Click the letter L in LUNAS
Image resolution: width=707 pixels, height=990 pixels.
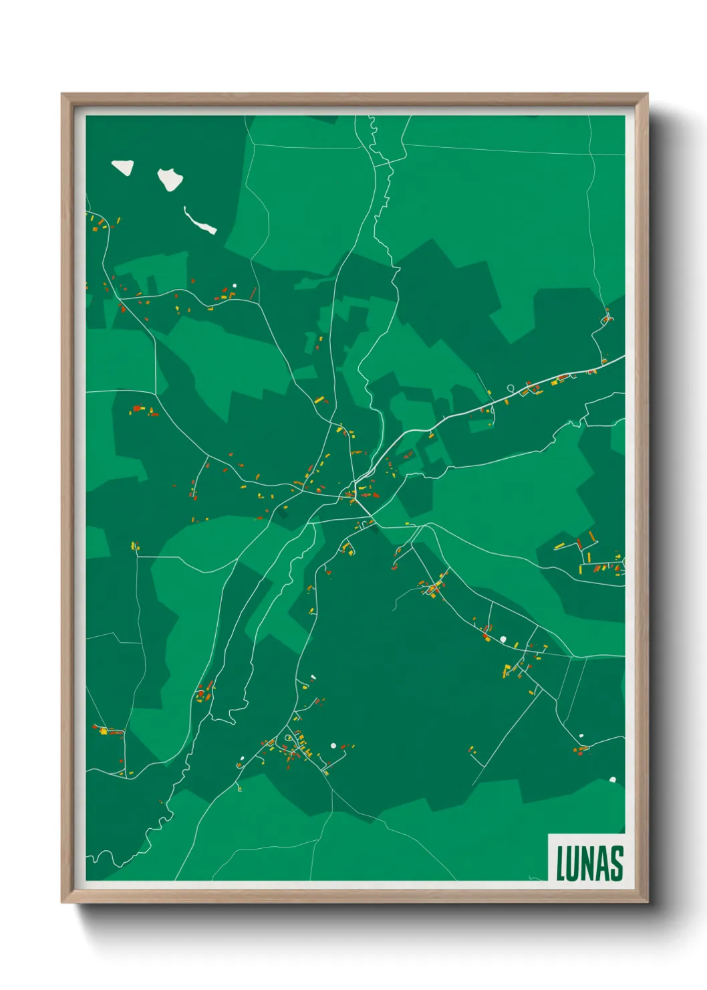tap(561, 864)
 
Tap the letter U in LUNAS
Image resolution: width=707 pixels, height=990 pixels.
tap(575, 864)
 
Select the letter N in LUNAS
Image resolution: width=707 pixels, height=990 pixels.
tap(589, 864)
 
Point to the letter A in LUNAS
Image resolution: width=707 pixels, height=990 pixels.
tap(603, 864)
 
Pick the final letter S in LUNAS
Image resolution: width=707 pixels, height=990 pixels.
tap(616, 864)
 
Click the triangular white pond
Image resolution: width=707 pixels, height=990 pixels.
tap(123, 167)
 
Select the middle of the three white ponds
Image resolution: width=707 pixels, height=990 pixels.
tap(170, 179)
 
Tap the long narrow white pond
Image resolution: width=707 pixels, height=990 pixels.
tap(200, 221)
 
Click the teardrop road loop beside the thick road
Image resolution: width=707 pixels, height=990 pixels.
tap(511, 388)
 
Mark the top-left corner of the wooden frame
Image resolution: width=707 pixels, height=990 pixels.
tap(62, 94)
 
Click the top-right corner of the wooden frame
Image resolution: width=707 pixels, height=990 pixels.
tap(648, 94)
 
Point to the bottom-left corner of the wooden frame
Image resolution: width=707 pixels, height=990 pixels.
tap(62, 902)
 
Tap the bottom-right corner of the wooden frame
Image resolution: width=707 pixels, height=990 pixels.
tap(648, 902)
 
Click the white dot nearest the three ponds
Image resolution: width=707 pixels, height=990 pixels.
tap(234, 286)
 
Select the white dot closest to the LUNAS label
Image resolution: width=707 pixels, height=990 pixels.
tap(612, 779)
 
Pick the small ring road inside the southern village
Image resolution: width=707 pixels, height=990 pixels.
tap(288, 738)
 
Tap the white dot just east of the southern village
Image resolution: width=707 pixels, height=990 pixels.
tap(333, 745)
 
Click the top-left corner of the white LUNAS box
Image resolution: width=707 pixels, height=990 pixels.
tap(549, 834)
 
